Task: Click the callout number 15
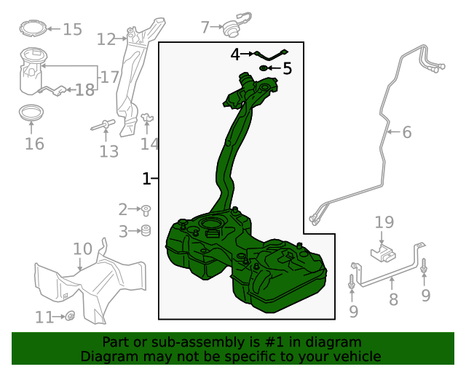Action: coord(73,29)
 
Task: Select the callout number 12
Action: coord(106,39)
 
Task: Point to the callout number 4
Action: coord(235,54)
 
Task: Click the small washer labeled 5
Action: coord(264,68)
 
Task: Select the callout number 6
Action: coord(407,132)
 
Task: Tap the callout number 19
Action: coord(384,222)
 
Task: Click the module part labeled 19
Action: coord(384,254)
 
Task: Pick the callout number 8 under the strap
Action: coord(393,299)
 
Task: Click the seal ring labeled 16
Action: coord(31,113)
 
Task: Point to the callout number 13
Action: coord(108,151)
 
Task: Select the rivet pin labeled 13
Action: coord(103,125)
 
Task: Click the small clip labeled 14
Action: coord(147,118)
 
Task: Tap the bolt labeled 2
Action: coord(146,210)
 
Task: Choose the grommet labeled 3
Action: coord(146,230)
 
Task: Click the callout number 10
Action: coord(82,249)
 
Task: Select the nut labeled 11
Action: coord(70,316)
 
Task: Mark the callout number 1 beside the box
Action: coord(146,179)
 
